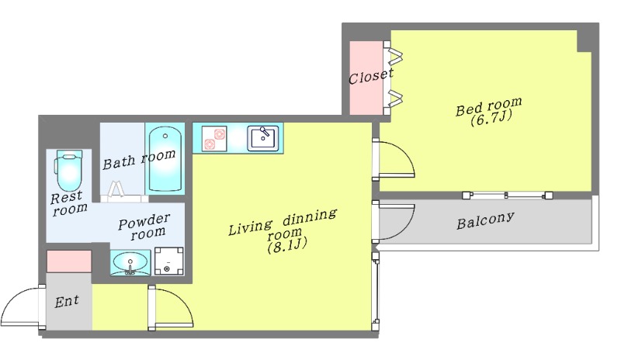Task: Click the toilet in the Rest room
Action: [x=69, y=171]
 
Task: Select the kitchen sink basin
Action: [x=263, y=139]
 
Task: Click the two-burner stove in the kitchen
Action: [x=214, y=139]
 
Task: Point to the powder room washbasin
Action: [x=130, y=262]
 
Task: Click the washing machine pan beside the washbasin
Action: [x=168, y=261]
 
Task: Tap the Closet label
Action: [x=371, y=75]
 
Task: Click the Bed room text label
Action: [x=489, y=106]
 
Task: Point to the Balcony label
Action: [x=486, y=220]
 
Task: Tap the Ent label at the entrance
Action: [x=67, y=302]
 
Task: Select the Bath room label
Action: [x=139, y=159]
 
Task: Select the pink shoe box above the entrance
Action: [x=69, y=261]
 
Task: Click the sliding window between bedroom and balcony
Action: [x=508, y=195]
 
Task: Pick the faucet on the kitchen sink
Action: [x=264, y=131]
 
